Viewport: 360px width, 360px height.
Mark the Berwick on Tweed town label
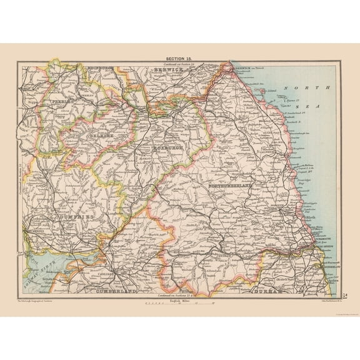247,66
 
